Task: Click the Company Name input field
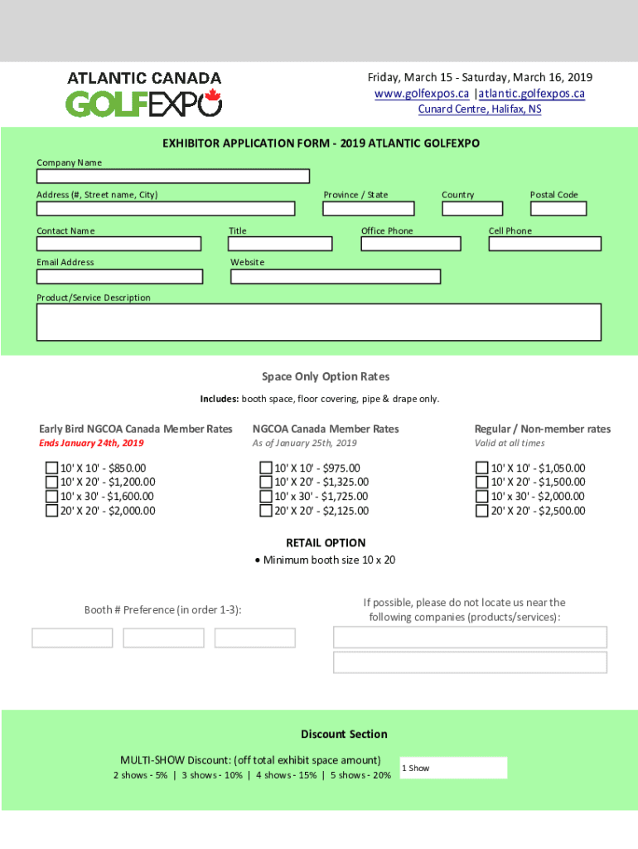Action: click(172, 176)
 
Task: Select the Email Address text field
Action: click(119, 276)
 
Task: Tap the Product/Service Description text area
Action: click(318, 322)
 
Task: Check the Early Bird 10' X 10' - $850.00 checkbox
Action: click(51, 468)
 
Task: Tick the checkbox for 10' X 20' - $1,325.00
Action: click(267, 483)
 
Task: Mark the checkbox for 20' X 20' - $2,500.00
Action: click(481, 511)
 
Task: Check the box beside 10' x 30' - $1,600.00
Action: click(51, 497)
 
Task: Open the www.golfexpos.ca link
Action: click(422, 94)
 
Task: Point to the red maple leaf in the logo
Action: click(212, 97)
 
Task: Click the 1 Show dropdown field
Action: click(452, 769)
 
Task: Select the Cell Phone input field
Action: click(544, 244)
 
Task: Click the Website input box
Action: click(335, 276)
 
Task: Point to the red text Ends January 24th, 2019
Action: click(91, 444)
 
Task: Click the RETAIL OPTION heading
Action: click(326, 543)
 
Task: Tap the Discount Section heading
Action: click(344, 735)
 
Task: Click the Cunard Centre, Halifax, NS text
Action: click(480, 109)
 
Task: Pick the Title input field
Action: click(280, 244)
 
